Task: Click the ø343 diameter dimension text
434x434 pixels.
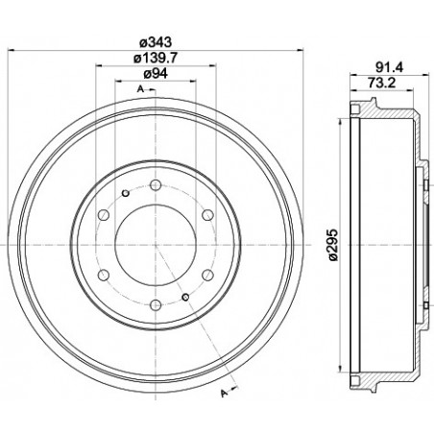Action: click(x=155, y=41)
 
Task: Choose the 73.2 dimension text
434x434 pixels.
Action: click(x=385, y=83)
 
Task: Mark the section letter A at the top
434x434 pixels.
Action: click(x=140, y=88)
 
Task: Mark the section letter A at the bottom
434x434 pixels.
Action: click(x=224, y=392)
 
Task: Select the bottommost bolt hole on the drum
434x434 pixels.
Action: click(x=156, y=305)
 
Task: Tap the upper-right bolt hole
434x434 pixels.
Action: click(x=208, y=214)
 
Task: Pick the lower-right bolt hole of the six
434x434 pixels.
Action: click(x=208, y=275)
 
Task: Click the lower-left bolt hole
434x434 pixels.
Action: click(x=103, y=275)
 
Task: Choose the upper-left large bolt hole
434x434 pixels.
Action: click(x=103, y=214)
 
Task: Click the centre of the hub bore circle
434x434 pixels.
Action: click(x=156, y=244)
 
